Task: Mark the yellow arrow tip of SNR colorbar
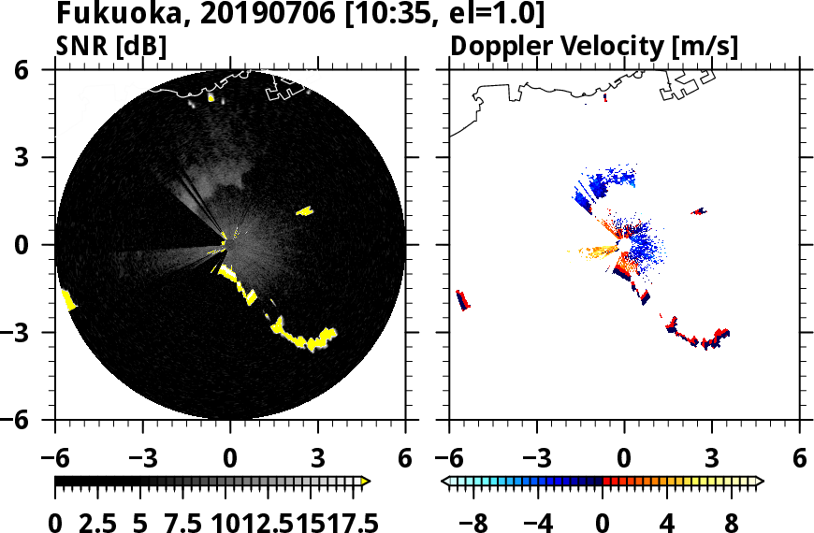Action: (366, 482)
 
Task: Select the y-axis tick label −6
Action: (36, 420)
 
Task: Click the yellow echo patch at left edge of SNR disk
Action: (68, 299)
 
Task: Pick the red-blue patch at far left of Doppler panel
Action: (462, 300)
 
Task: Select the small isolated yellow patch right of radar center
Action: (304, 211)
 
